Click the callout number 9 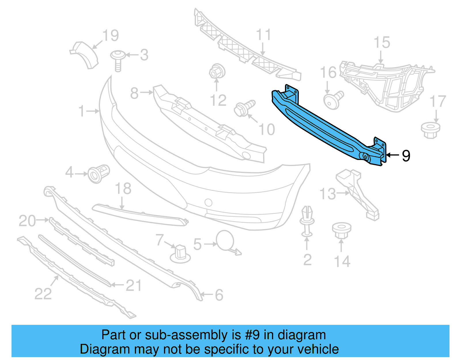406,156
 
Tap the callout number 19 111,36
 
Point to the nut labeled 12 217,71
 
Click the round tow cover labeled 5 225,240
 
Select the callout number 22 43,294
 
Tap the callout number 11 264,35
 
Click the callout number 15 382,43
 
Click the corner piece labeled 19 85,55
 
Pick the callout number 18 123,189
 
